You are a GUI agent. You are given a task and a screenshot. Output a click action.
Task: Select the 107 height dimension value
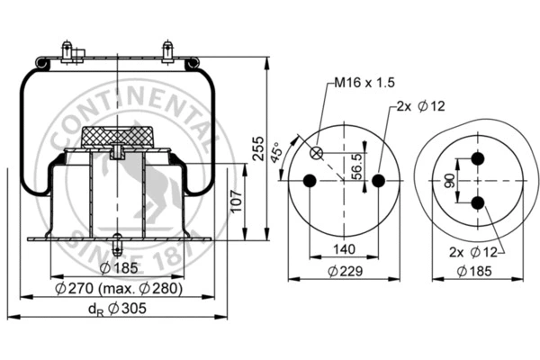[x=236, y=203]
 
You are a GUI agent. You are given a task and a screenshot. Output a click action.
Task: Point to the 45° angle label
[x=279, y=152]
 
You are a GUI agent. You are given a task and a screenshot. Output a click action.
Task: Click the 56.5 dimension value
[x=357, y=166]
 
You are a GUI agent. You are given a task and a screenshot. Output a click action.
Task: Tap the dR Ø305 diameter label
[x=116, y=309]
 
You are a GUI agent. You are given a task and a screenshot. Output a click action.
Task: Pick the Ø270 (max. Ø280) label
[x=118, y=288]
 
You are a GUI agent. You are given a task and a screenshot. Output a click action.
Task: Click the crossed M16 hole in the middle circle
[x=317, y=152]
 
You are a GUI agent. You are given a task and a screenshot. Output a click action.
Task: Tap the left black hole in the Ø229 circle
[x=309, y=181]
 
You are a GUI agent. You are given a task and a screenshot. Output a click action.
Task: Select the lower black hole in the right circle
[x=478, y=202]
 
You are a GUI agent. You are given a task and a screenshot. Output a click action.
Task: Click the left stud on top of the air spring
[x=68, y=51]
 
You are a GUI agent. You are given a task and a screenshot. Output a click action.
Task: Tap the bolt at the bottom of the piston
[x=118, y=244]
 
